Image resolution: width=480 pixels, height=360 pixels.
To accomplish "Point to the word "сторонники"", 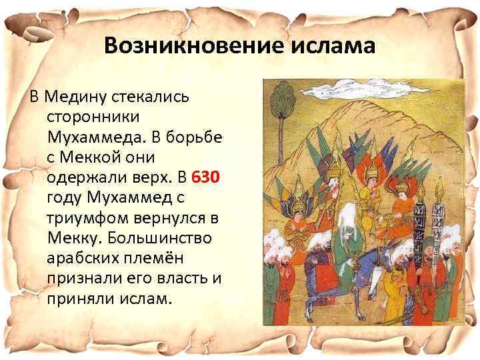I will (x=93, y=116).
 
